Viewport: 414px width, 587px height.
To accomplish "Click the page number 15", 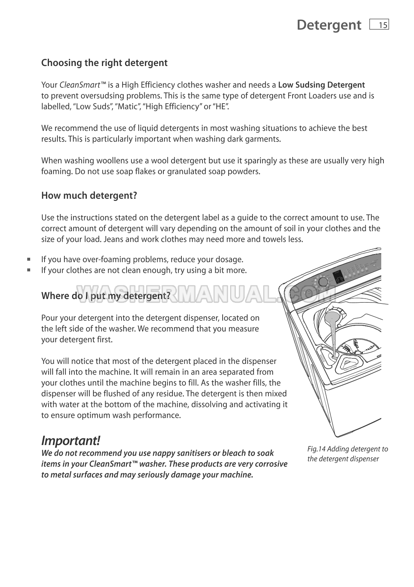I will pos(382,25).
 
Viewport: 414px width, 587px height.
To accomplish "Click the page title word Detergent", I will pos(329,25).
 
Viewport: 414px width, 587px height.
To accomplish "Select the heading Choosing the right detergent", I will pos(104,63).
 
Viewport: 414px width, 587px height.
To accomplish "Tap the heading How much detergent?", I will pos(89,195).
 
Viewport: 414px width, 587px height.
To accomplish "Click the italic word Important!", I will pos(71,440).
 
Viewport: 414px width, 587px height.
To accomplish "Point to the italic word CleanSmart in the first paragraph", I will pos(80,85).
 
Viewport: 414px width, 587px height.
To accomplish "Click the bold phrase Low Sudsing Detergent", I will pos(321,85).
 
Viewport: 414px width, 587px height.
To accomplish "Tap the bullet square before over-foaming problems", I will pos(28,259).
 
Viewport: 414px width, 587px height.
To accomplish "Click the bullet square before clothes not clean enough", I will pos(28,270).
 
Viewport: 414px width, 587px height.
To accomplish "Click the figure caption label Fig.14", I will pos(316,449).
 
